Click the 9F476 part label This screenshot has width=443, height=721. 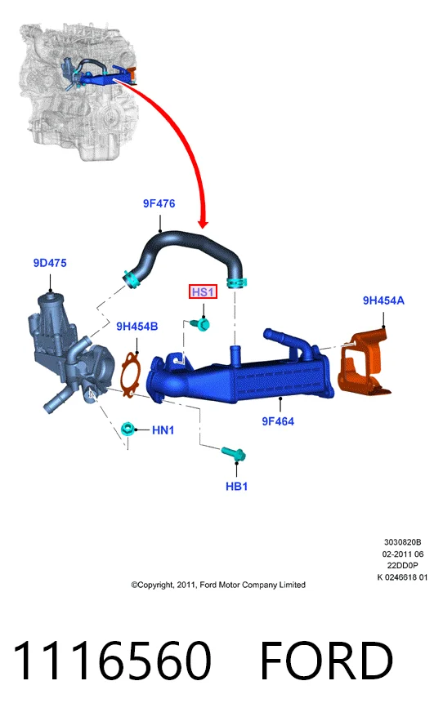coord(159,203)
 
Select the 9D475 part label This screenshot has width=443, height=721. coord(50,263)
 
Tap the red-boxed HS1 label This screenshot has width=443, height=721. coord(203,292)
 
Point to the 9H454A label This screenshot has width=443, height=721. coord(383,300)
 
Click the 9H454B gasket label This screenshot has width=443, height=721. coord(136,327)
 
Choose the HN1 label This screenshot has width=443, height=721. coord(163,430)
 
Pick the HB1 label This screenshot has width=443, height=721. coord(237,487)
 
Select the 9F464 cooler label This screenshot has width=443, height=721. coord(278,421)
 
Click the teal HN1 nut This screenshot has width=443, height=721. coord(128,429)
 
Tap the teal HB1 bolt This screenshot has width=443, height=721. coord(234,454)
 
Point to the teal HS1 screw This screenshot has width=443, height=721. coord(202,325)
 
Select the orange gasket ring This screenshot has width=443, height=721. coord(123,372)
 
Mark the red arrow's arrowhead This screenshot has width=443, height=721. coord(203,224)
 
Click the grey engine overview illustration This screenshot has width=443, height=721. coord(78,92)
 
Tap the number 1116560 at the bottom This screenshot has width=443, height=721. coord(112,661)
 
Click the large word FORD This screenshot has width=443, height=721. coord(326,661)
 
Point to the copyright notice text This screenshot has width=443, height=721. coord(218,585)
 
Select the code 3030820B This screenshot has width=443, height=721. coord(402,543)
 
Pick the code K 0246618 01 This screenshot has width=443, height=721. coord(402,577)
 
